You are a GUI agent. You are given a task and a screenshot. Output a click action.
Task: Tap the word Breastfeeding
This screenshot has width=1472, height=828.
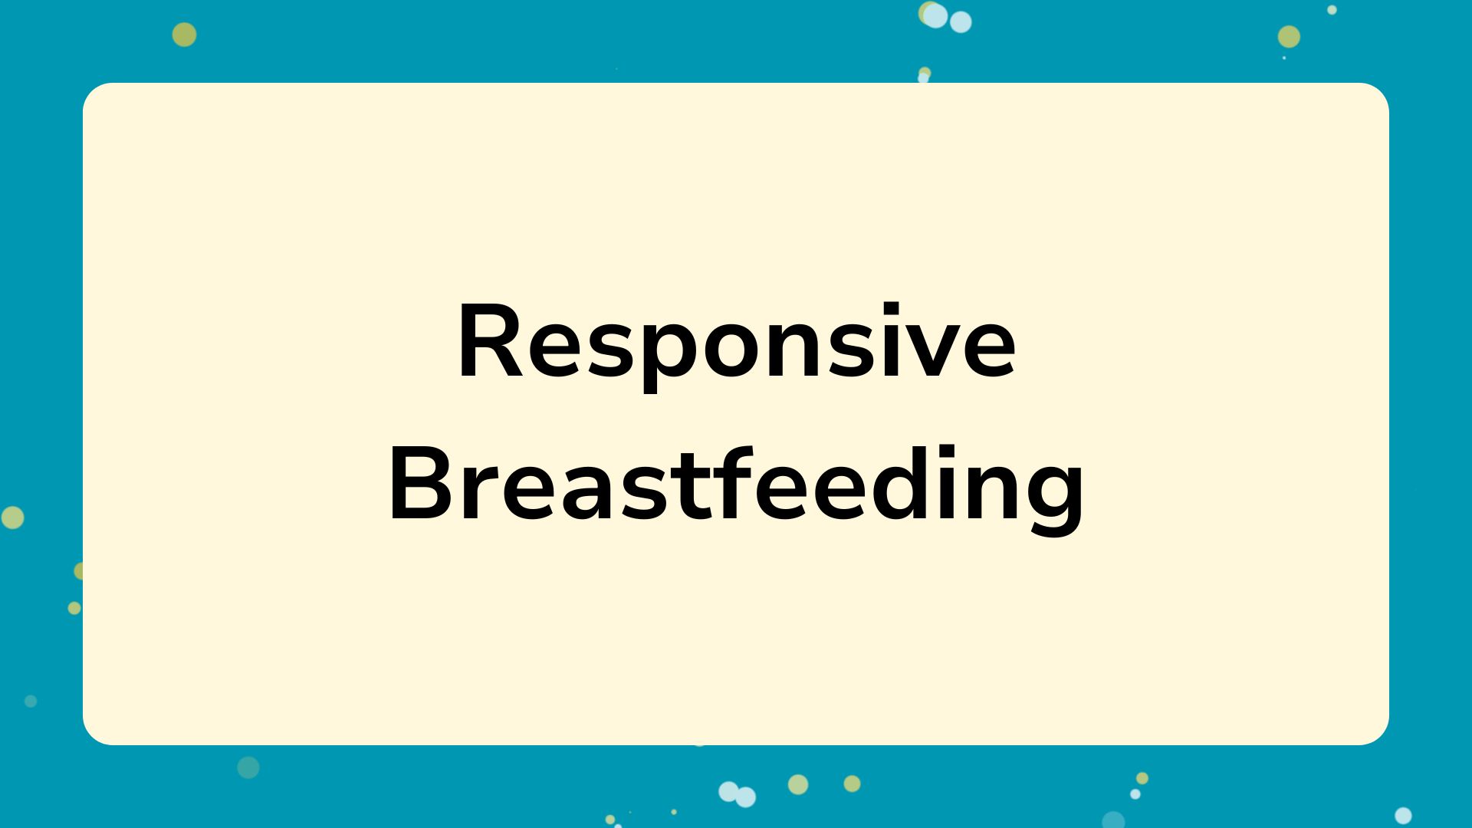coord(736,486)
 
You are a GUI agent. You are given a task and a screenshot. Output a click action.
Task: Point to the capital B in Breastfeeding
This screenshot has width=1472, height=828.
coord(420,484)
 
